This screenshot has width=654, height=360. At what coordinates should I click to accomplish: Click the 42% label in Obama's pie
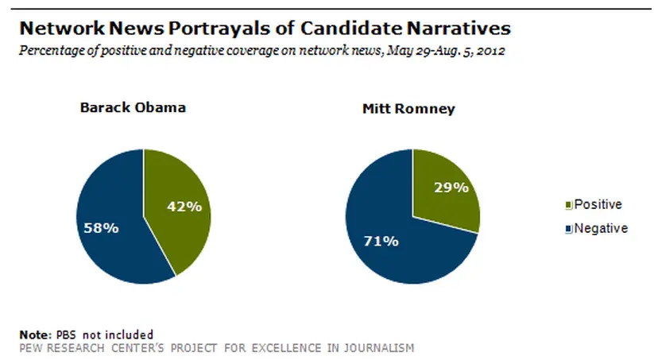(184, 206)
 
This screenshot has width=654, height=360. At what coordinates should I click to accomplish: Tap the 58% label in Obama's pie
(102, 228)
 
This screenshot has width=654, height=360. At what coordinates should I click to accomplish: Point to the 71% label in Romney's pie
(381, 240)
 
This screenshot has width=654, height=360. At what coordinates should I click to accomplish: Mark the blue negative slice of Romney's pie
(397, 254)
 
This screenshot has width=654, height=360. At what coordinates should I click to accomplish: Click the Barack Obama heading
(133, 107)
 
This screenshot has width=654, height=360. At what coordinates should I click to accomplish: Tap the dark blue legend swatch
(568, 229)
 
